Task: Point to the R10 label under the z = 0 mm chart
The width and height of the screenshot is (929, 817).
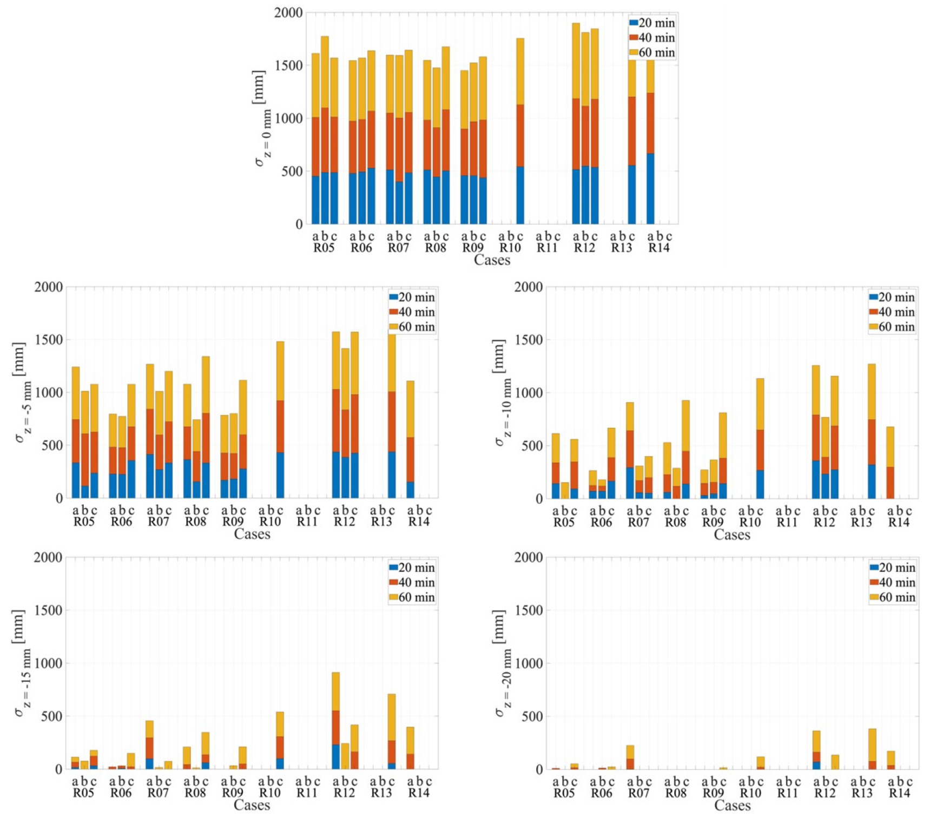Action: click(x=510, y=248)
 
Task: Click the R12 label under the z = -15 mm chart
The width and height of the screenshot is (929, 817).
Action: click(x=344, y=793)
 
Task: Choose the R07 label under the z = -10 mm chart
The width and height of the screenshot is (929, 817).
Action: click(x=638, y=522)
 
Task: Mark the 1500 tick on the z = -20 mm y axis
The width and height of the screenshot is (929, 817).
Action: click(x=529, y=610)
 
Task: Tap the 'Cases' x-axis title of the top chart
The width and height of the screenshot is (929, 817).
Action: click(x=492, y=260)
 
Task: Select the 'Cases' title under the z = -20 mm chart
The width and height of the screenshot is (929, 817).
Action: click(x=732, y=805)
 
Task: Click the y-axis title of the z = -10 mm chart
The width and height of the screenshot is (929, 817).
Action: click(x=499, y=393)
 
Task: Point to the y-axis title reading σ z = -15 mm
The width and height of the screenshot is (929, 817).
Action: click(x=19, y=663)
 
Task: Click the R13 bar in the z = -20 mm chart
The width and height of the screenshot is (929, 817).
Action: click(x=872, y=749)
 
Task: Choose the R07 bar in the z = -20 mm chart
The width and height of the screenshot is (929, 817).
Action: click(x=630, y=757)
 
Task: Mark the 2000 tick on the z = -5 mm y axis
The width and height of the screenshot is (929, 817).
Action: click(x=49, y=287)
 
